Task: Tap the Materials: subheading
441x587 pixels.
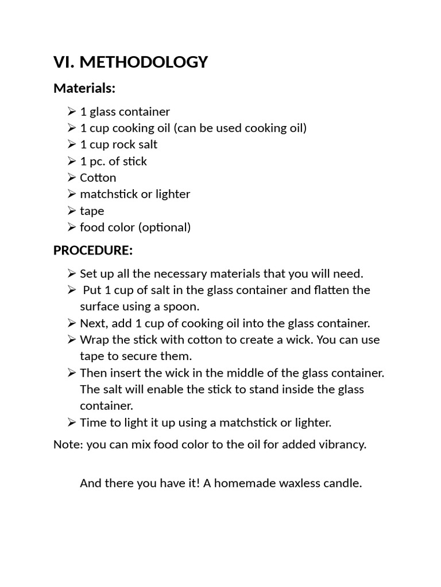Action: pyautogui.click(x=84, y=88)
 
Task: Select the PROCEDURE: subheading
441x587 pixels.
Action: pyautogui.click(x=93, y=251)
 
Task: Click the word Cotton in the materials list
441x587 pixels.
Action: pyautogui.click(x=98, y=178)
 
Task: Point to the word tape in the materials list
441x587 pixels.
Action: pyautogui.click(x=92, y=212)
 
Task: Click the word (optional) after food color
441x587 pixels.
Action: pyautogui.click(x=164, y=228)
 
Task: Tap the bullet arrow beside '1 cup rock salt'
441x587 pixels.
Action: pyautogui.click(x=71, y=144)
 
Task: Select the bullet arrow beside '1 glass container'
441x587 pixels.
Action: pyautogui.click(x=71, y=111)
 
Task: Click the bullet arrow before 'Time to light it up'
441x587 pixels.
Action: pyautogui.click(x=71, y=423)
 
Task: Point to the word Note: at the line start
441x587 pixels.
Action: pyautogui.click(x=68, y=444)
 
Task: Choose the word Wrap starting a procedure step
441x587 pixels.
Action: pyautogui.click(x=93, y=339)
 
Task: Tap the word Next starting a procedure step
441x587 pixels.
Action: pyautogui.click(x=92, y=323)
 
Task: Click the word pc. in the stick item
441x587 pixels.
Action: pyautogui.click(x=98, y=162)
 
